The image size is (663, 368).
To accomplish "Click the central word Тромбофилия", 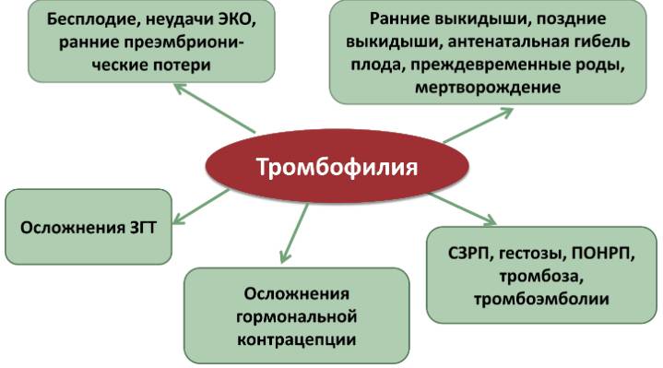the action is click(x=337, y=167).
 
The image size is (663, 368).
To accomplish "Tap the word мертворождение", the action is click(x=488, y=88).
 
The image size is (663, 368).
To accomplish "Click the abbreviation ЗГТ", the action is click(x=142, y=228).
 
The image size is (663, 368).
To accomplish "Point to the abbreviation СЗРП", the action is click(x=469, y=254).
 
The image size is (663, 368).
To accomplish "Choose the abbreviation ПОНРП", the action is click(x=603, y=254).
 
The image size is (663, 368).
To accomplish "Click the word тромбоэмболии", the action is click(x=541, y=299).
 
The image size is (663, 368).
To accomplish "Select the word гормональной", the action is click(x=296, y=317).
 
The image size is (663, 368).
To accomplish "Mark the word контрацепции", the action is click(x=296, y=339).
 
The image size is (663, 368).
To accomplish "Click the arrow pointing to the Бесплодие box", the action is click(x=214, y=108).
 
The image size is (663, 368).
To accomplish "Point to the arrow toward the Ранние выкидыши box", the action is click(x=479, y=125).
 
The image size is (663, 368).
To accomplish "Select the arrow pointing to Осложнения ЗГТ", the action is click(x=200, y=207).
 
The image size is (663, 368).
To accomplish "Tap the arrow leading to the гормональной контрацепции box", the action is click(x=294, y=233).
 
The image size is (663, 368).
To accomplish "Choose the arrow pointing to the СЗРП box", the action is click(x=462, y=208).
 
